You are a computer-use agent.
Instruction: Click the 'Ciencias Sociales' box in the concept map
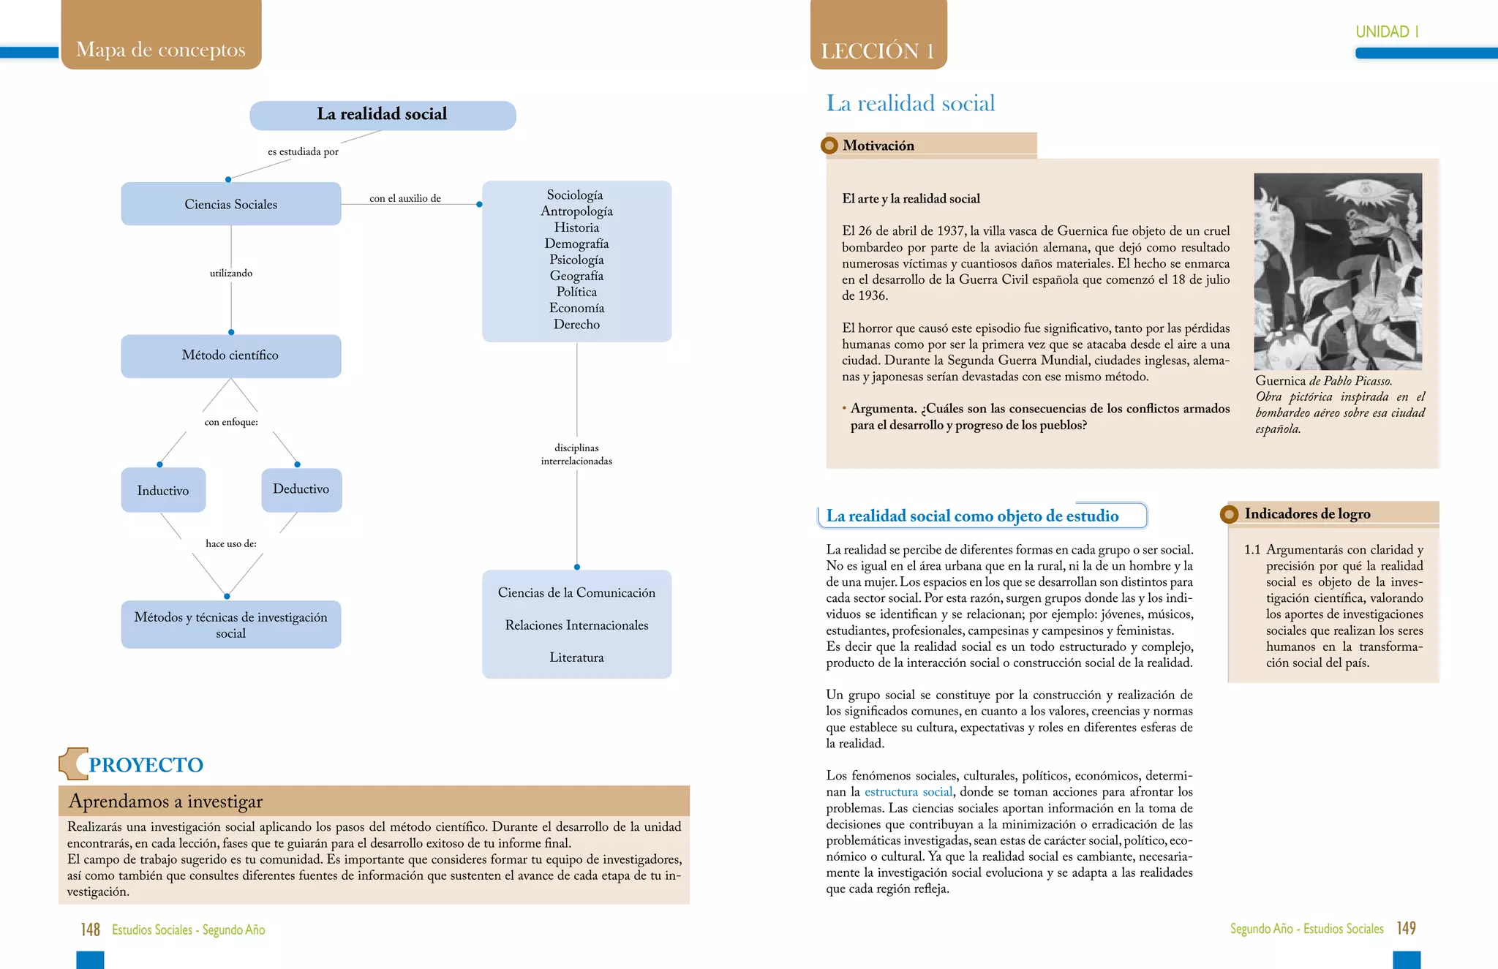231,204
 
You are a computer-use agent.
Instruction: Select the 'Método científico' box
230,355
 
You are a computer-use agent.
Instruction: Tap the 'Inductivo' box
163,490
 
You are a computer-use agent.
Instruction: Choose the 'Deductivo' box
301,489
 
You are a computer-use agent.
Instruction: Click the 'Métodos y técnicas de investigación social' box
231,625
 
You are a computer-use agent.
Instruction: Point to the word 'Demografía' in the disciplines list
576,244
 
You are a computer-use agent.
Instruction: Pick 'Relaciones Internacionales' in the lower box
576,625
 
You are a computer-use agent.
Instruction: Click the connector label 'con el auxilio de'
405,198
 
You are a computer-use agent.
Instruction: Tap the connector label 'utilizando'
231,273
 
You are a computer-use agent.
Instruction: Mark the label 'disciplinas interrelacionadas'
576,454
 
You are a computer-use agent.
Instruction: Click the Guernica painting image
1338,271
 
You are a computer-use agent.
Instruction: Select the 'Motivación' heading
878,146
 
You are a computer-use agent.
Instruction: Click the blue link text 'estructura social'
908,792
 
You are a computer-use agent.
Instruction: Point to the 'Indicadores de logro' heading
1307,514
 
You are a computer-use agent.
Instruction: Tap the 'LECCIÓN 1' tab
878,50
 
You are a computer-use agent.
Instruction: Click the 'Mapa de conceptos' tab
161,49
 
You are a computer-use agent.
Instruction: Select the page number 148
91,930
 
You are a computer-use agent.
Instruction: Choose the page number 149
1406,928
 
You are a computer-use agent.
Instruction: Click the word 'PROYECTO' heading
146,765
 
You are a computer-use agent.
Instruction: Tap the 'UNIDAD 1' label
1387,31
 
